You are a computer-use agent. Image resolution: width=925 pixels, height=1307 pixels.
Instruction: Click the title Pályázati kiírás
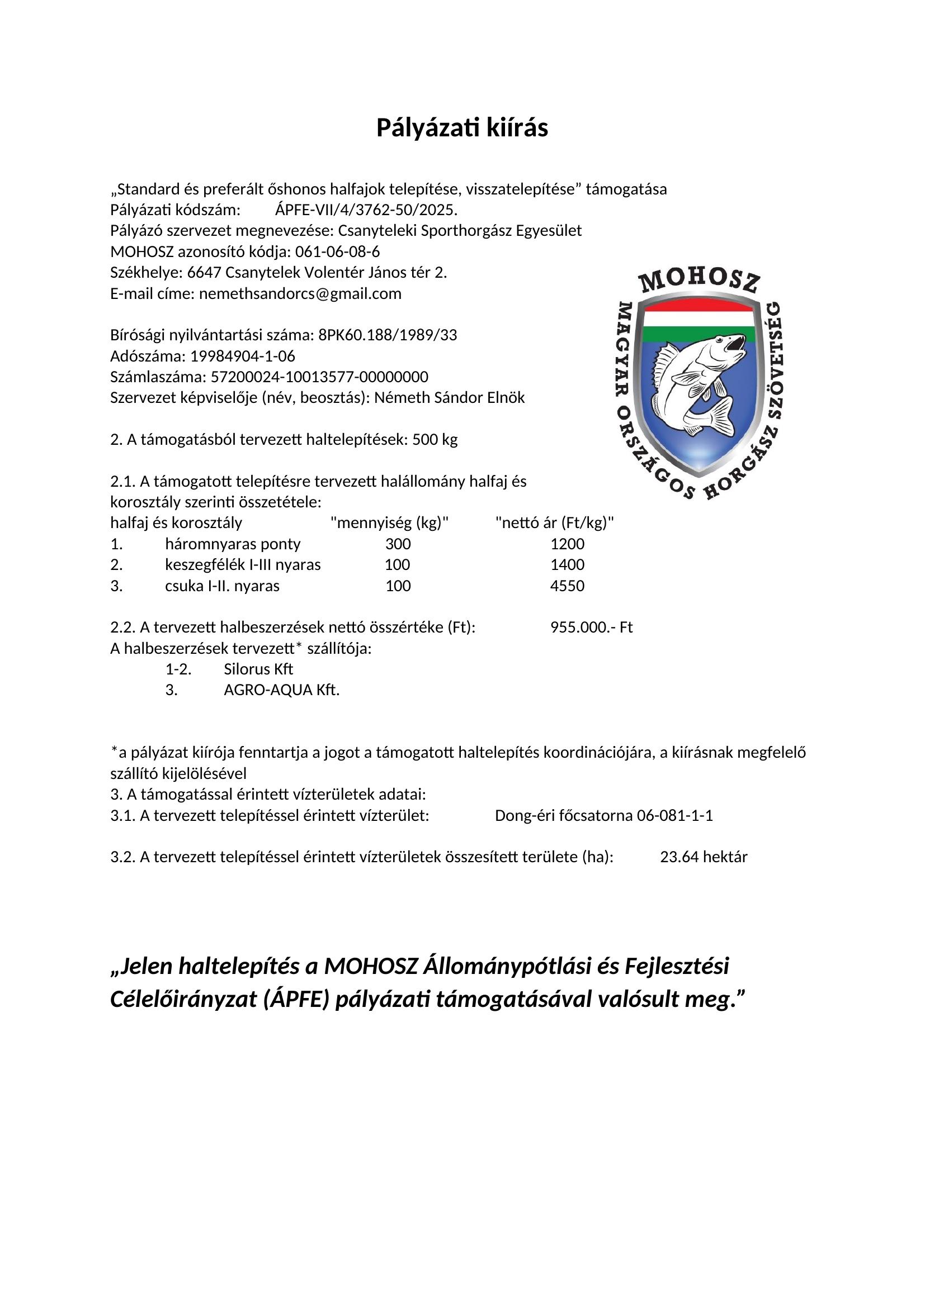click(x=462, y=128)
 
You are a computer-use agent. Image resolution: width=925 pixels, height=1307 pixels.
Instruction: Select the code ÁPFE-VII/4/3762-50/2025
click(x=366, y=210)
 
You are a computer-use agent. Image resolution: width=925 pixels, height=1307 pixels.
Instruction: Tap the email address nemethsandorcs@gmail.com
click(x=300, y=294)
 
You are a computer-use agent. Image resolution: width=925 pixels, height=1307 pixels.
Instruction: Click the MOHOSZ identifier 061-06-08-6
click(x=337, y=251)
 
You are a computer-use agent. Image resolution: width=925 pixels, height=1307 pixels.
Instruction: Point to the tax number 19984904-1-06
click(x=243, y=357)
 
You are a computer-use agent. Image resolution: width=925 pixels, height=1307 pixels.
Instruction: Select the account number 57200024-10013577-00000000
click(x=319, y=377)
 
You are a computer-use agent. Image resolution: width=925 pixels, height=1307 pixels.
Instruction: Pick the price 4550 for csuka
click(x=567, y=586)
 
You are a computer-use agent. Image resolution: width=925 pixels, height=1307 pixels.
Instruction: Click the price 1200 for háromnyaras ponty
click(x=567, y=544)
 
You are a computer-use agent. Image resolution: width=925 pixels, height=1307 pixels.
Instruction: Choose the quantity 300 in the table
click(x=398, y=544)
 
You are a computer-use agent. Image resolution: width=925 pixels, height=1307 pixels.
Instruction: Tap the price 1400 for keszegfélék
click(x=567, y=565)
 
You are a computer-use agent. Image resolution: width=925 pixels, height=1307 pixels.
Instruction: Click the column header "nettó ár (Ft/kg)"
click(x=555, y=522)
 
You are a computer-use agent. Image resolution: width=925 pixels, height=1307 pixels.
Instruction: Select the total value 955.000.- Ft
click(x=591, y=628)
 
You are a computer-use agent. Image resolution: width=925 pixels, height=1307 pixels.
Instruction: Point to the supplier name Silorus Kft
click(x=258, y=669)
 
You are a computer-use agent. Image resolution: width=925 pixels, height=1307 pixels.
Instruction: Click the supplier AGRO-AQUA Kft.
click(x=281, y=690)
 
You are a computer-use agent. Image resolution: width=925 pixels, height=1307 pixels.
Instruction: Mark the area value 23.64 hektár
click(x=704, y=857)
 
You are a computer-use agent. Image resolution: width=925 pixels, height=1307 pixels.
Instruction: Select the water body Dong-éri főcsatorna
click(x=564, y=815)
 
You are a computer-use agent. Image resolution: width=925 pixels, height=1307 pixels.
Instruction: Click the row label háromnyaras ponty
click(x=233, y=544)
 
